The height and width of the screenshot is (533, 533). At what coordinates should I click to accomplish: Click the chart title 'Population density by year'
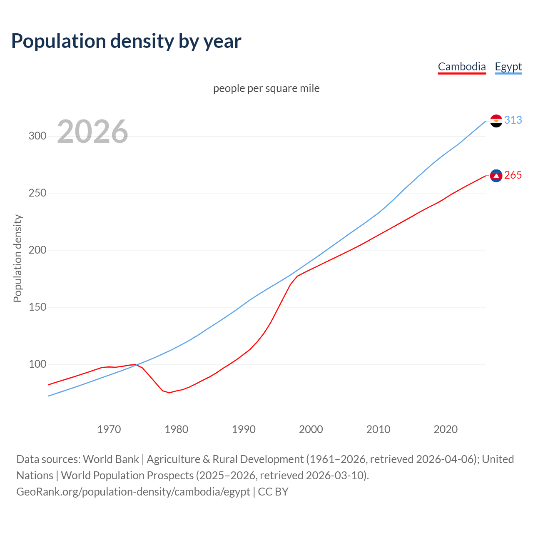point(126,41)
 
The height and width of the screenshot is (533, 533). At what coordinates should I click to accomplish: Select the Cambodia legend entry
point(462,67)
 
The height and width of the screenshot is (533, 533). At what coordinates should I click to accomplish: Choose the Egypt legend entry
point(508,67)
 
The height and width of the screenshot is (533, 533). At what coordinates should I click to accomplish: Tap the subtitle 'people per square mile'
point(266,88)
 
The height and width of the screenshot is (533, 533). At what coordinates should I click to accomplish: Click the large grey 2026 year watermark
point(92,132)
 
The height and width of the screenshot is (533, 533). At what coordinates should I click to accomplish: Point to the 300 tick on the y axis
point(37,136)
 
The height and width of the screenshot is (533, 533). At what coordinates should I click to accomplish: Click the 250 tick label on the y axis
point(37,193)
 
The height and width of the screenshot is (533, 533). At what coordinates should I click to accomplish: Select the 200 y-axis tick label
point(37,250)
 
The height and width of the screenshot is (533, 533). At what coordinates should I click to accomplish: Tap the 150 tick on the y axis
point(37,307)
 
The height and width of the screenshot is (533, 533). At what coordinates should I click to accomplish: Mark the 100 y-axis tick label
point(37,364)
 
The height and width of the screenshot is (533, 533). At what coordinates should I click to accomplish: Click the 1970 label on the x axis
point(109,429)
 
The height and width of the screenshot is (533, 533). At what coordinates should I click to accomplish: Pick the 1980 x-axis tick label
point(177,429)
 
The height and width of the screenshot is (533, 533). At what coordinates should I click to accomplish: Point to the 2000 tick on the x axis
point(311,429)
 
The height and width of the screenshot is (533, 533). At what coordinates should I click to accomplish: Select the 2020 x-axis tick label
point(446,429)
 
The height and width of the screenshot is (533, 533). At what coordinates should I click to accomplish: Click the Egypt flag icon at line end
point(496,121)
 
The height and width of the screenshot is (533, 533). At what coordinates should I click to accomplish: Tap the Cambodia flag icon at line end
point(496,176)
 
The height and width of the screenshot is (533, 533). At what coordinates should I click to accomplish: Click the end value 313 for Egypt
point(513,120)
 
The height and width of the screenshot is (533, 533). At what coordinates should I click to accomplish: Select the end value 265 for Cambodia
point(513,175)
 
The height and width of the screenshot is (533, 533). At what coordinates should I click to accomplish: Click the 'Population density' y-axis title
point(17,258)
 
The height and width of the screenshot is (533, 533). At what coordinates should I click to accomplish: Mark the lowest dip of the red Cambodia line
point(169,393)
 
